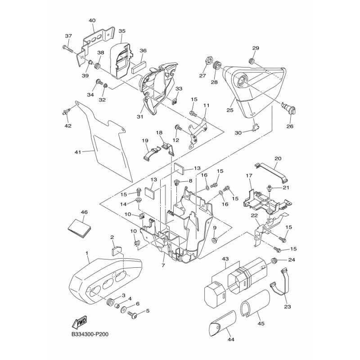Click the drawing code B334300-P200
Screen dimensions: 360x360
tap(90, 335)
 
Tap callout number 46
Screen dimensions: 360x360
tap(84, 212)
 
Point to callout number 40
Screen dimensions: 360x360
tap(92, 21)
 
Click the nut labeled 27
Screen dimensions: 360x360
tap(209, 58)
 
